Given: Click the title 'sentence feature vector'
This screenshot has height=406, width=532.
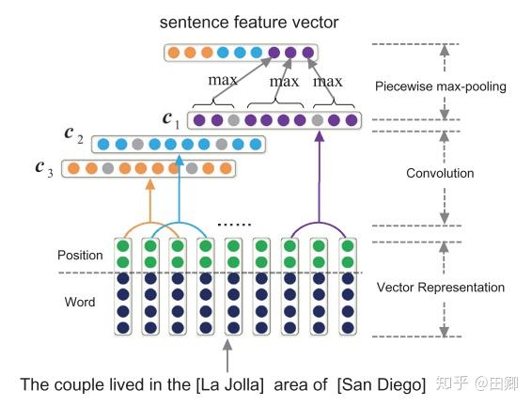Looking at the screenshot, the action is point(249,23).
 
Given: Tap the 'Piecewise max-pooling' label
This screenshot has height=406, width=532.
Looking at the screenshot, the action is point(441,86).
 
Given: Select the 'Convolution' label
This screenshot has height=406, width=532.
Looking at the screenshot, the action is point(440,173).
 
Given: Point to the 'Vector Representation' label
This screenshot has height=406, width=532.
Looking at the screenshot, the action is point(441,288).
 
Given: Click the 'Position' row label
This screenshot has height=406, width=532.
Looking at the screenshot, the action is point(80,255).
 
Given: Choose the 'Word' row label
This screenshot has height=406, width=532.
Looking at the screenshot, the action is point(80,302).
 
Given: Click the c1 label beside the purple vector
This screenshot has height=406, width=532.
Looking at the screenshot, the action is point(171,120).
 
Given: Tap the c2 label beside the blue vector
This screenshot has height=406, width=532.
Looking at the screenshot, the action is point(73,135).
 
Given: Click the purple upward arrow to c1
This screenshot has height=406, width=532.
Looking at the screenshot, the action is point(319,177).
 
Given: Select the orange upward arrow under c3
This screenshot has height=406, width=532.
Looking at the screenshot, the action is point(150,201).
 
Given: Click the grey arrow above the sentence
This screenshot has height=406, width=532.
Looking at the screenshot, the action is point(227,355).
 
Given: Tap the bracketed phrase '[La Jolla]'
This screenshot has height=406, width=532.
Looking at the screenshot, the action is point(229,385).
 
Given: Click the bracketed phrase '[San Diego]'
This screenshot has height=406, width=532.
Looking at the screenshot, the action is point(382,385).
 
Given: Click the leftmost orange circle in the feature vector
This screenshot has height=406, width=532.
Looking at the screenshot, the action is point(174,53).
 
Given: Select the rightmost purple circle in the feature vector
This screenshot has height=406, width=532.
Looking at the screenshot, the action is point(308,53).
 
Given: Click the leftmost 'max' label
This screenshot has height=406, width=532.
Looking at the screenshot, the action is point(223,80).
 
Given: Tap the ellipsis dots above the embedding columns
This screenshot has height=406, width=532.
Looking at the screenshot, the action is point(234,225).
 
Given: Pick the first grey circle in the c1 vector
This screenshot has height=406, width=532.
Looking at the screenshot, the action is point(233,120).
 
